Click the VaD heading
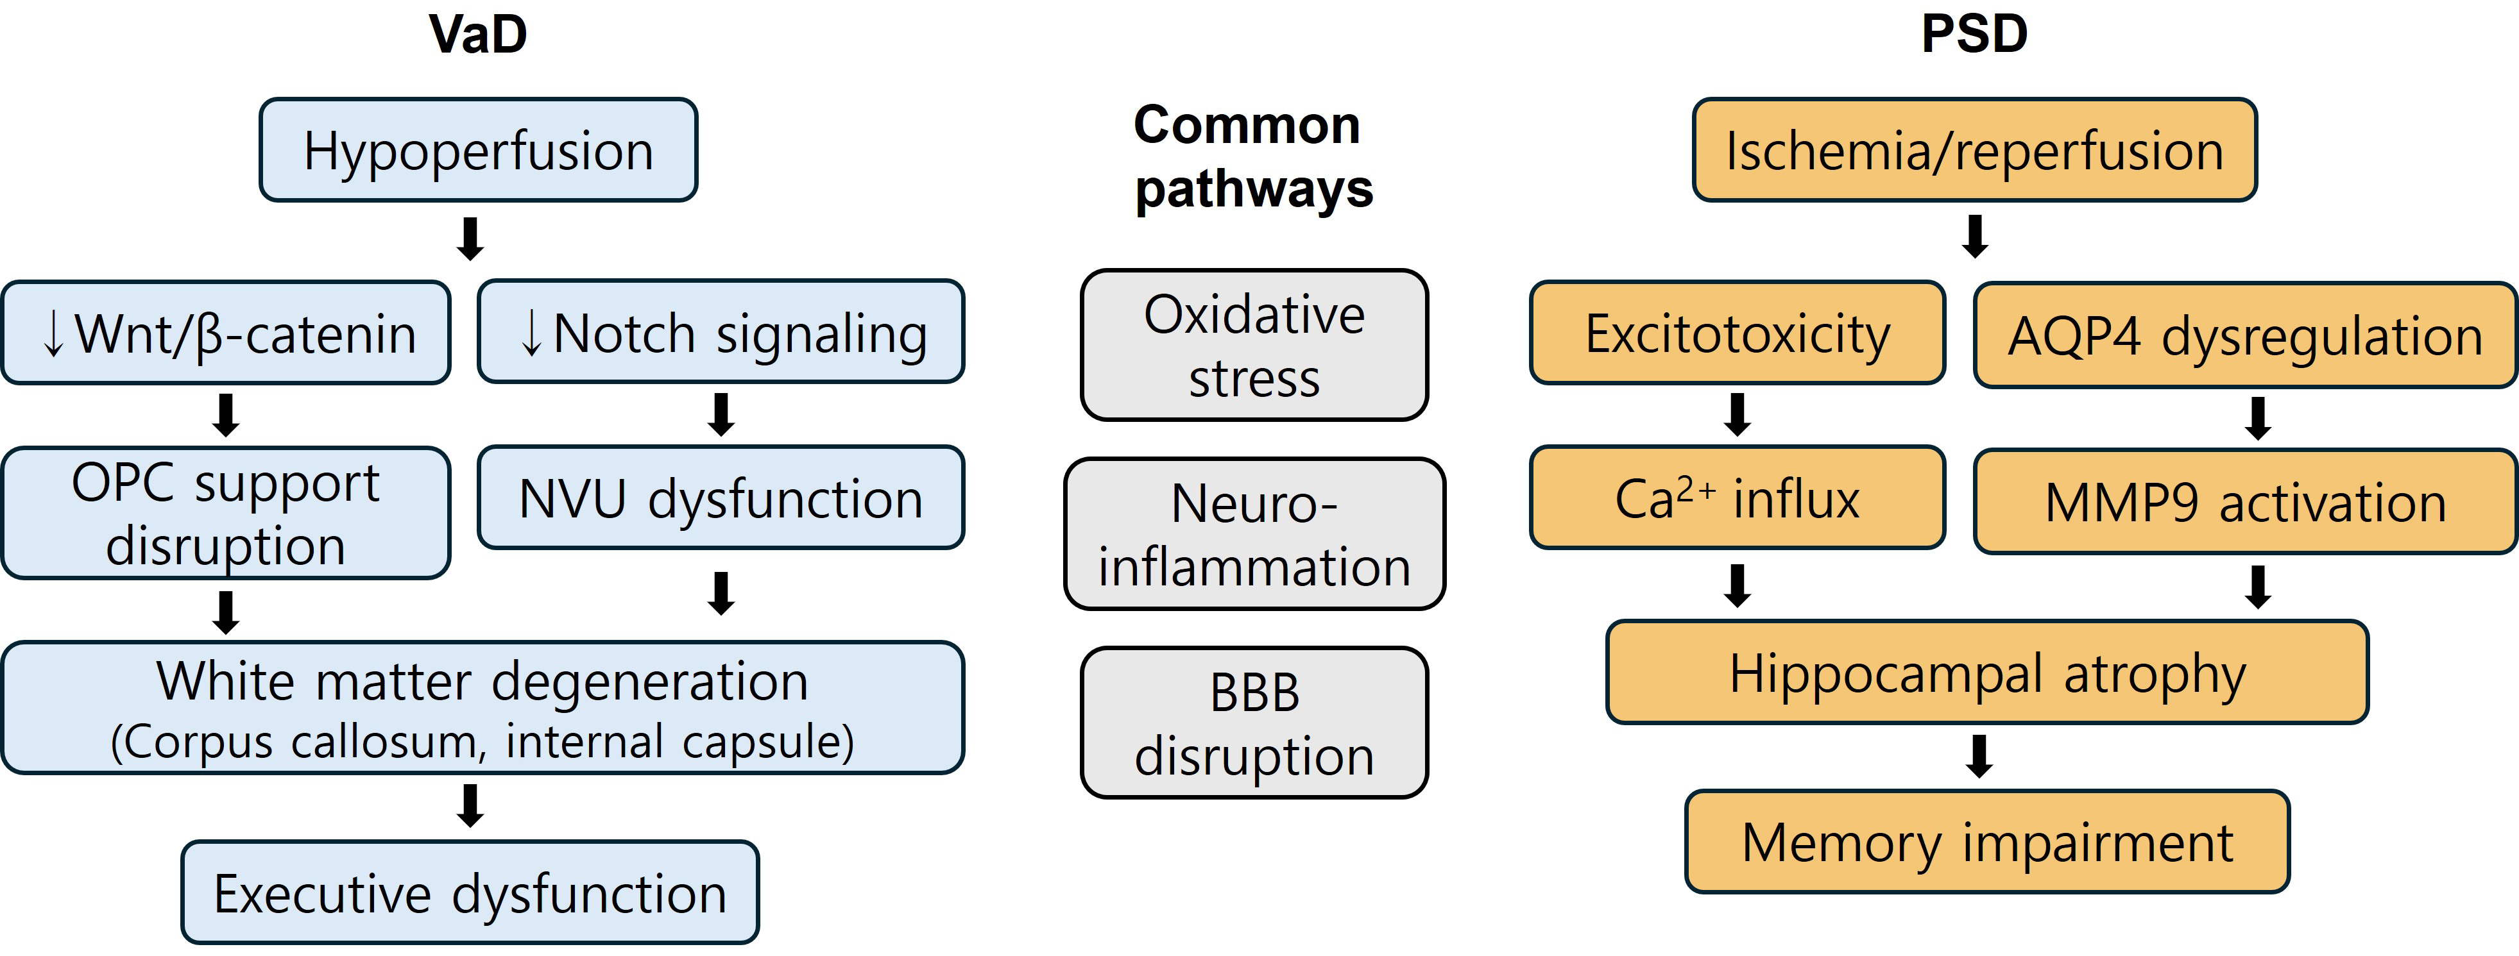click(x=478, y=34)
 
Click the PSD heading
click(x=1974, y=34)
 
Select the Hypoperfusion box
click(x=478, y=149)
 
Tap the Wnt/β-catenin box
click(x=226, y=332)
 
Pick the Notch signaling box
click(x=721, y=331)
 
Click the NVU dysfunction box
click(x=721, y=498)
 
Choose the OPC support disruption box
click(x=226, y=513)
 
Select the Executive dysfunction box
click(x=470, y=893)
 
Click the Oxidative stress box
click(x=1254, y=345)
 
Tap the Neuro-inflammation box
click(x=1254, y=533)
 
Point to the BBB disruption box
click(x=1254, y=723)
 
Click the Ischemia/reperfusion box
click(x=1974, y=149)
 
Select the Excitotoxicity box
click(x=1738, y=332)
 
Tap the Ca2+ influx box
click(x=1738, y=498)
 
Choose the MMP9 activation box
click(x=2245, y=501)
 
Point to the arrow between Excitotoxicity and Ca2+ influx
click(x=1738, y=414)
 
